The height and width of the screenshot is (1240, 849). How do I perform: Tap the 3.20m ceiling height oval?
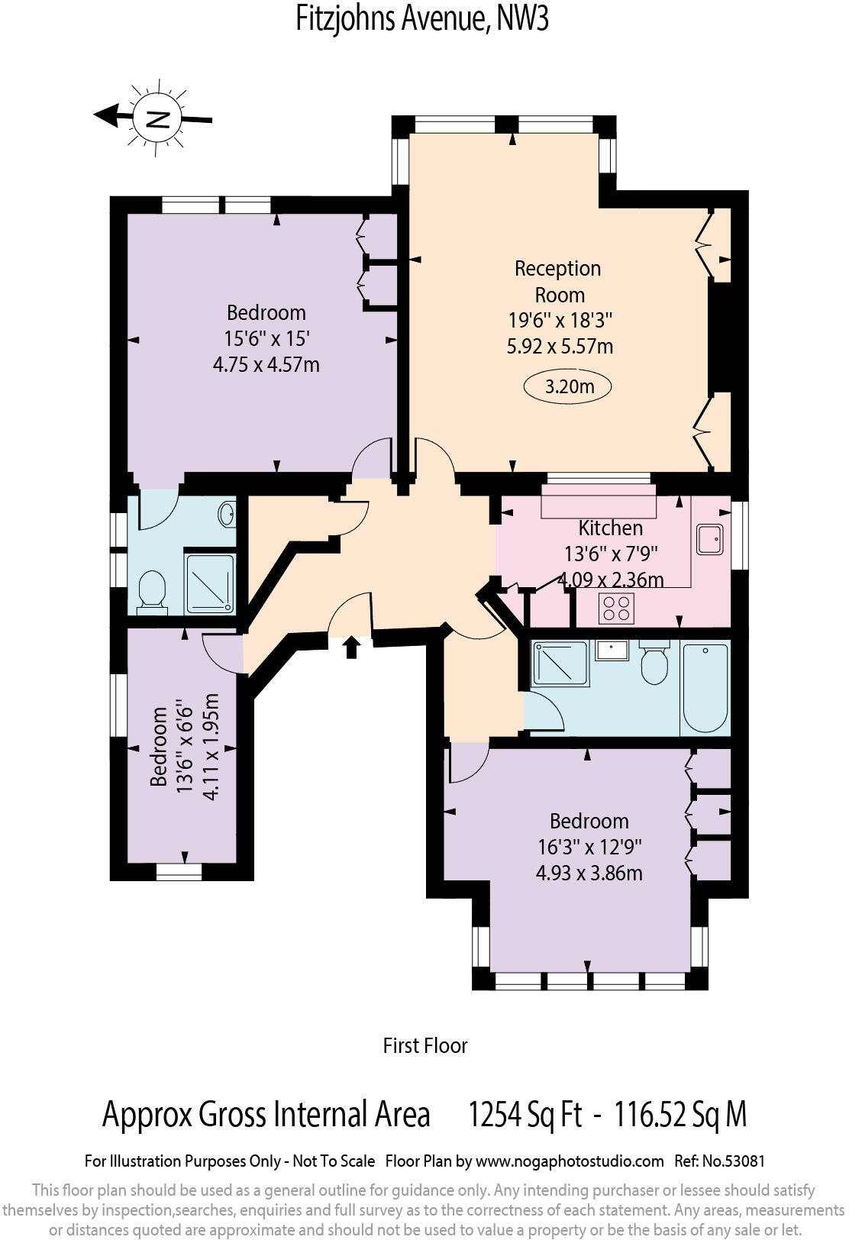tap(568, 386)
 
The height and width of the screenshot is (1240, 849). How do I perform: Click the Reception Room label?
tap(558, 281)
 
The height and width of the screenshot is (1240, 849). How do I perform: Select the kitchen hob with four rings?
tap(616, 608)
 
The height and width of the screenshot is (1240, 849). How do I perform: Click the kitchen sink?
tap(709, 540)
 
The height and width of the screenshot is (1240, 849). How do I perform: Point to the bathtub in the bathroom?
tap(705, 687)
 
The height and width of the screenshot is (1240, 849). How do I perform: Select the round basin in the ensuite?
tap(227, 514)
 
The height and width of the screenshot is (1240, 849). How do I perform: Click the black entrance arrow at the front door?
tap(351, 647)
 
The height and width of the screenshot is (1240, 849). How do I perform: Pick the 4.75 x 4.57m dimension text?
tap(266, 364)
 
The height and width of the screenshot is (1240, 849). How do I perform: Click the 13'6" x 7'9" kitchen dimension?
tap(611, 554)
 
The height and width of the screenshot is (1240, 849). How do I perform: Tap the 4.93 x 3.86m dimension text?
tap(589, 872)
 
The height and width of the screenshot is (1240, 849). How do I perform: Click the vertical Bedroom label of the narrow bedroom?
tap(159, 746)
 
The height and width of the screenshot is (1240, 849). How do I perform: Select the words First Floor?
tap(424, 1045)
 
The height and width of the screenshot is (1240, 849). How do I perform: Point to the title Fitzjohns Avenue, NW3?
tap(422, 18)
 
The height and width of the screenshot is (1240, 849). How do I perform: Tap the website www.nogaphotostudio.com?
tap(570, 1161)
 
